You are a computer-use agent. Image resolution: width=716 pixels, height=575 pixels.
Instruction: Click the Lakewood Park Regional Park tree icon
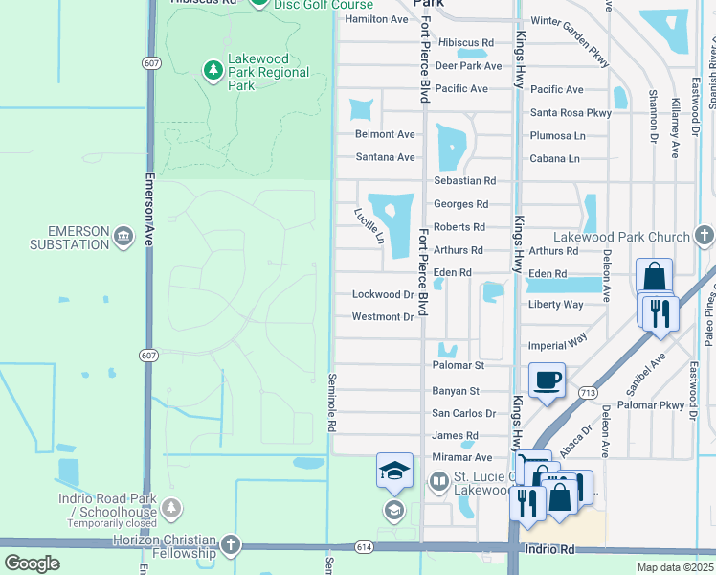tap(213, 70)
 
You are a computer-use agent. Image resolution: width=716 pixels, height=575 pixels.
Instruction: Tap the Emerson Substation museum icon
tap(123, 236)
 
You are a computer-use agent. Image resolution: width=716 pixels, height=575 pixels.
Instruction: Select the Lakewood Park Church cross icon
tap(705, 236)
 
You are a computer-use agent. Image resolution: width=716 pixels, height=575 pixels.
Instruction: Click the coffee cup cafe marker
tap(547, 379)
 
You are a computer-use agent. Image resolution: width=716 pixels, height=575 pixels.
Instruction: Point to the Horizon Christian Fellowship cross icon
tap(230, 545)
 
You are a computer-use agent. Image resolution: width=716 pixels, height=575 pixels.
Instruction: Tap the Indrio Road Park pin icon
tap(172, 508)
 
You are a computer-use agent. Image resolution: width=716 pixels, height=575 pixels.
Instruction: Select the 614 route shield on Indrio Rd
tap(365, 547)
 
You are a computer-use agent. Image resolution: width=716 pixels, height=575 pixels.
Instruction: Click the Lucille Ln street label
tap(369, 225)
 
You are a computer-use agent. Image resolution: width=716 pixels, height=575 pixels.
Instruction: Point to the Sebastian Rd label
tap(464, 180)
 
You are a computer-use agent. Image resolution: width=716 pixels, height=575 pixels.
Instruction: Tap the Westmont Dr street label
tap(382, 317)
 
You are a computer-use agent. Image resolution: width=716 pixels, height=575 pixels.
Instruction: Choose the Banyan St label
tap(455, 390)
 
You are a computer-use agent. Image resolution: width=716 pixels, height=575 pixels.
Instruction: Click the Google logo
tap(32, 563)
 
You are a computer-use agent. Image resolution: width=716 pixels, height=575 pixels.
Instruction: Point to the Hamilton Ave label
tap(376, 19)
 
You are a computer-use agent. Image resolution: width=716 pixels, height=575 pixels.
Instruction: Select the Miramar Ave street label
tap(461, 458)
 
